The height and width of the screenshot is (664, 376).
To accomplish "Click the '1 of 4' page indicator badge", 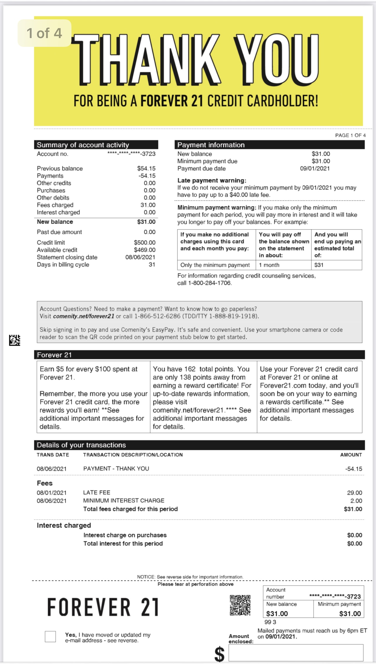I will pos(44,33).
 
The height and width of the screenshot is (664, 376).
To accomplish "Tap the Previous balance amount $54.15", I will pos(146,168).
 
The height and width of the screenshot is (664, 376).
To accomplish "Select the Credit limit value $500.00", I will pos(144,242).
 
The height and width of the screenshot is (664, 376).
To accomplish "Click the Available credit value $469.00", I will pos(144,250).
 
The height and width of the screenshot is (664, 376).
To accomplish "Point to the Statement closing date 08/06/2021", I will pos(140,257).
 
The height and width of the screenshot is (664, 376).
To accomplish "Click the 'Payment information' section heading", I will pos(211,145).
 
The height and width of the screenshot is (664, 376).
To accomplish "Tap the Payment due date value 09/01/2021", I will pos(315,168).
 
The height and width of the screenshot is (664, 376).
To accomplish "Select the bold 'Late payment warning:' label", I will pos(212,180).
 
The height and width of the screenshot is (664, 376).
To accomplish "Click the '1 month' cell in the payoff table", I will pos(269,265).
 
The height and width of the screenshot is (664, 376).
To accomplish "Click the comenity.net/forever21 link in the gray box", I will pos(84,316).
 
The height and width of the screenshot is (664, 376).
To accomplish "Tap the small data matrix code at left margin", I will pos(15,340).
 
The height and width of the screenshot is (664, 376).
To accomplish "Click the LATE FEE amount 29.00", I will pos(354,493).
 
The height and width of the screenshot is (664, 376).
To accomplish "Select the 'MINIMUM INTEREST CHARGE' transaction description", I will pos(124,501).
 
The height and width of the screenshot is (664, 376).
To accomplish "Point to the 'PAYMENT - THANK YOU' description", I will pos(116,468).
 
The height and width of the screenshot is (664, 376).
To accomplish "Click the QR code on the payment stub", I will pos(240,605).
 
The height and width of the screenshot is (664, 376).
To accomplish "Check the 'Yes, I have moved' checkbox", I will pos(50,636).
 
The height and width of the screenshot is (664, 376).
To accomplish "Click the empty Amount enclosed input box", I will pos(296,652).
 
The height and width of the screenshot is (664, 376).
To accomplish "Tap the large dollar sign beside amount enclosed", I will pos(219,654).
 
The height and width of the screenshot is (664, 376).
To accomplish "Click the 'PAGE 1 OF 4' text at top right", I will pos(350,135).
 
